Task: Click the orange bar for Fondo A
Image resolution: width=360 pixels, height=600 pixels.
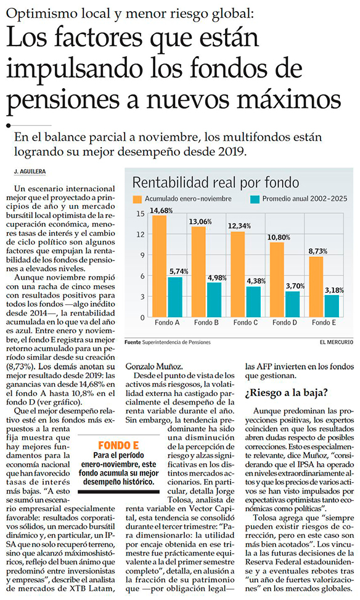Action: [x=159, y=266]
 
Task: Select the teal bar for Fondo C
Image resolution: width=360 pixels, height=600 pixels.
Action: [x=253, y=302]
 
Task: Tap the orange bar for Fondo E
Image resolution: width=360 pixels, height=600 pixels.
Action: [x=316, y=286]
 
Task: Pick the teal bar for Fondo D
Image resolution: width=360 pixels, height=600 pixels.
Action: [x=292, y=304]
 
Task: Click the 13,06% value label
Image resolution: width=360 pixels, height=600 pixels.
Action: [x=200, y=222]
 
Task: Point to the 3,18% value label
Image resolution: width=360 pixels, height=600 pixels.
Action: [x=334, y=290]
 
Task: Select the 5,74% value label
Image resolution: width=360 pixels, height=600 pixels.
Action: [x=179, y=271]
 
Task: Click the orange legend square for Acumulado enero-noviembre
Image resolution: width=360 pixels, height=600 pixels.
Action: [x=137, y=199]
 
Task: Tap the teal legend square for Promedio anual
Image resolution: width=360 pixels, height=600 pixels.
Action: [x=255, y=199]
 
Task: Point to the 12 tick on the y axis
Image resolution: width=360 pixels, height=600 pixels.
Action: [x=141, y=234]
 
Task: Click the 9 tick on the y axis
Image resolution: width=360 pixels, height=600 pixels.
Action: [x=142, y=255]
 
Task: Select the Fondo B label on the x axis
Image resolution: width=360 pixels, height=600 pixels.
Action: [x=206, y=323]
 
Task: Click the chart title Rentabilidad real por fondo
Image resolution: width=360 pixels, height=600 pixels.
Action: [x=216, y=182]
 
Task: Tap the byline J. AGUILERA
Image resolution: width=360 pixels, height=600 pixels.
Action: [x=30, y=172]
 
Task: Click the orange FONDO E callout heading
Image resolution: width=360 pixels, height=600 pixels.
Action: [x=118, y=445]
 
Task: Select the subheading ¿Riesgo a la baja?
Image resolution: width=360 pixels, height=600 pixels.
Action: [x=287, y=393]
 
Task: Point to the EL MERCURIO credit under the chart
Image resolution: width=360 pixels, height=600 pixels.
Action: [x=337, y=342]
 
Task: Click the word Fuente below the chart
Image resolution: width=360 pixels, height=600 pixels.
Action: [x=133, y=342]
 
